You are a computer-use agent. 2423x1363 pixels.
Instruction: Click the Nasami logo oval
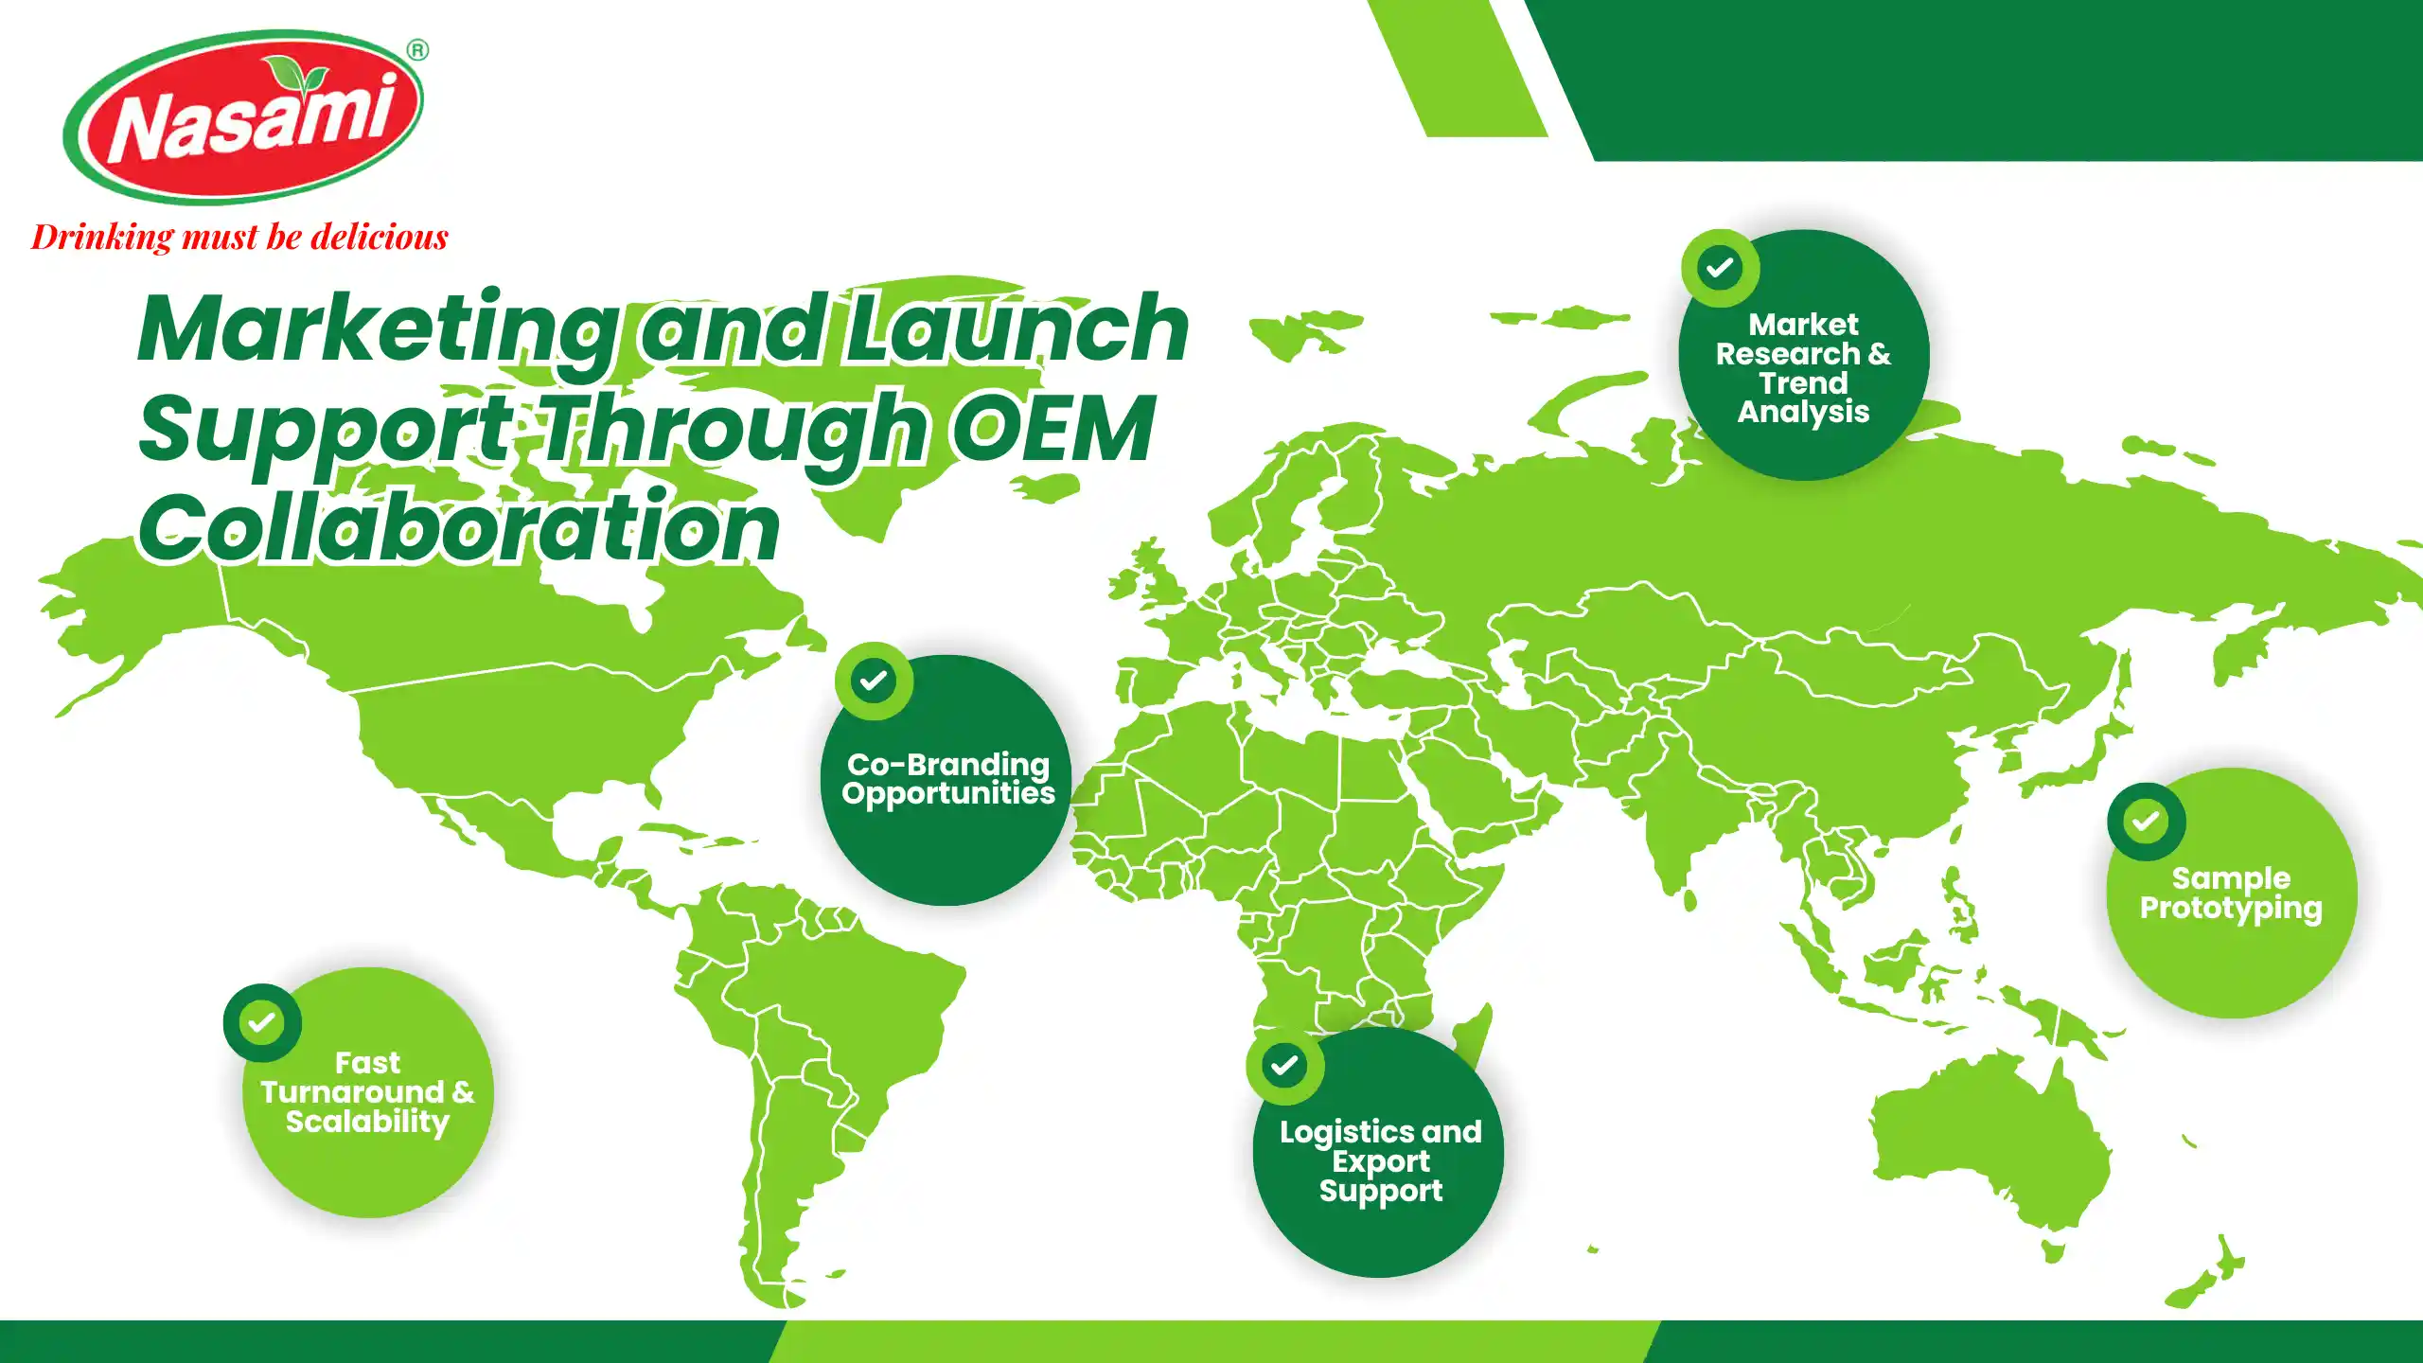click(243, 117)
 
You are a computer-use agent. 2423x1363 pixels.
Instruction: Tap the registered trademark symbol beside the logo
click(417, 50)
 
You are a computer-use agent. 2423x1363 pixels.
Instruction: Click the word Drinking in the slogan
click(102, 237)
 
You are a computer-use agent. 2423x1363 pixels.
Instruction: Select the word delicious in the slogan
click(380, 237)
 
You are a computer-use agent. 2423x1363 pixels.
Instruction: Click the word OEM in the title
click(1053, 429)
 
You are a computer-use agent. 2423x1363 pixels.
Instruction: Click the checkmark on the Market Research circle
click(1720, 268)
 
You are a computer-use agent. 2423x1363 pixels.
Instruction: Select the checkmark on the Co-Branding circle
click(874, 680)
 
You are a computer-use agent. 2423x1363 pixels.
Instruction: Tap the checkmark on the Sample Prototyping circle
click(2146, 821)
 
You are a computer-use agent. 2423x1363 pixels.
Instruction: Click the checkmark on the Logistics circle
click(1284, 1066)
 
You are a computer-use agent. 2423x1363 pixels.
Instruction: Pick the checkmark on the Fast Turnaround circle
click(262, 1022)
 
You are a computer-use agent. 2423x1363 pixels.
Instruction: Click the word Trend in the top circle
click(1803, 382)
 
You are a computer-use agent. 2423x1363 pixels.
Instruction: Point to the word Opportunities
click(948, 793)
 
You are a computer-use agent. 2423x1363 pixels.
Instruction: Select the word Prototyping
click(2231, 909)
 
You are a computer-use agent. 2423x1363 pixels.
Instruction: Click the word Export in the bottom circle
click(1381, 1161)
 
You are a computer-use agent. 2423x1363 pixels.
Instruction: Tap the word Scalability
click(367, 1123)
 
